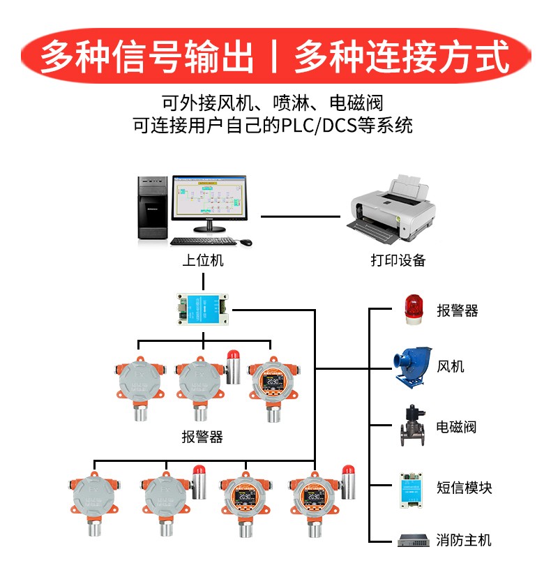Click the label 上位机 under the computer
pyautogui.click(x=202, y=261)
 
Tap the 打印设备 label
pyautogui.click(x=398, y=261)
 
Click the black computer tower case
pyautogui.click(x=152, y=208)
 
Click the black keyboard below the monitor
pyautogui.click(x=202, y=241)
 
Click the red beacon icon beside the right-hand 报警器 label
pyautogui.click(x=413, y=309)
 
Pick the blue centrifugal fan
pyautogui.click(x=411, y=365)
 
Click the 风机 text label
pyautogui.click(x=450, y=366)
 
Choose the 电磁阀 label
pyautogui.click(x=457, y=426)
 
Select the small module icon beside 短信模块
pyautogui.click(x=411, y=486)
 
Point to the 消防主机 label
pyautogui.click(x=464, y=540)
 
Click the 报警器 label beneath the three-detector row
pyautogui.click(x=202, y=437)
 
